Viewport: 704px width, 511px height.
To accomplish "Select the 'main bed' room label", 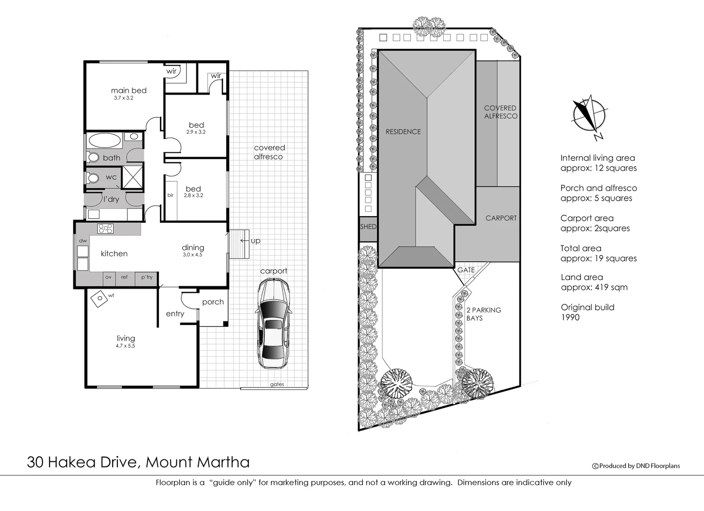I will (x=129, y=90).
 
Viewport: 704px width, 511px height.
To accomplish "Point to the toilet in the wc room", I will (x=93, y=178).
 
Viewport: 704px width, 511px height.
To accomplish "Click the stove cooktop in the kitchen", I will (x=105, y=229).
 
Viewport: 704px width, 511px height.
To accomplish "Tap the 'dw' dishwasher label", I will (x=83, y=241).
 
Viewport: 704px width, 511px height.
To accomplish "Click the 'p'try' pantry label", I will (x=147, y=277).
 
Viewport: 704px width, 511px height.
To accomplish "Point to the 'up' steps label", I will (x=255, y=241).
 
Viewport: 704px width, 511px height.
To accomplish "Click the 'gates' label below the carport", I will (x=277, y=384).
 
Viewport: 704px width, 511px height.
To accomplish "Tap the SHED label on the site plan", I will (x=368, y=227).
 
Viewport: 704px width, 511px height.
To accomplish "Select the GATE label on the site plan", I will (x=466, y=270).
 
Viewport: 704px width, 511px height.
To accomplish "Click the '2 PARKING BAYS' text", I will (x=484, y=314).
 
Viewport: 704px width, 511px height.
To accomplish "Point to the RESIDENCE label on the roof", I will (x=403, y=132).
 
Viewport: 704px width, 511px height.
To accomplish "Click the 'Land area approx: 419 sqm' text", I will (x=594, y=282).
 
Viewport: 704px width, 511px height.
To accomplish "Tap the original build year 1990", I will (x=570, y=317).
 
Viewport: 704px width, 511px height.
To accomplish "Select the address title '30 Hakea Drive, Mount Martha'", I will (x=138, y=462).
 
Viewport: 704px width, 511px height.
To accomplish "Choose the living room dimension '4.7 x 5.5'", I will (x=125, y=346).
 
